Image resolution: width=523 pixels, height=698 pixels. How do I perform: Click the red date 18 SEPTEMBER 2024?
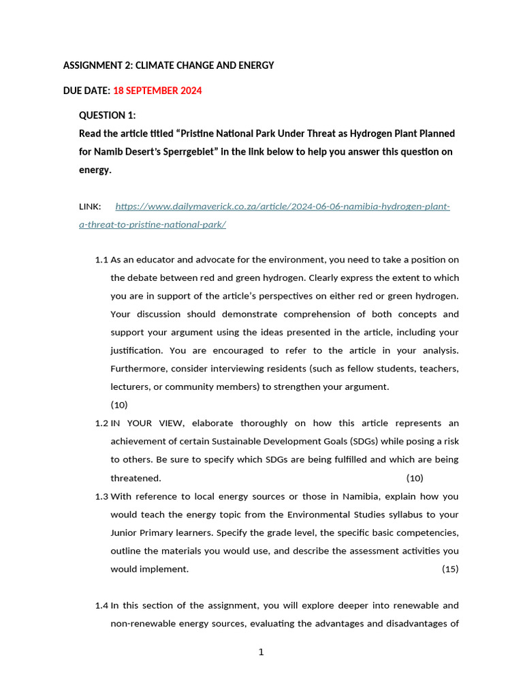coord(157,91)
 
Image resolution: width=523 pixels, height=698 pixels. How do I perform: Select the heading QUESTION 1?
coord(108,115)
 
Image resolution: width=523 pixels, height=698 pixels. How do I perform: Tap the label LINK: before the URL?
coord(90,207)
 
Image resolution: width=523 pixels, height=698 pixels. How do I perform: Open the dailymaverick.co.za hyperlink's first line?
coord(283,207)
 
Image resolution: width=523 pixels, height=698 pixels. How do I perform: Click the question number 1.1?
coord(101,260)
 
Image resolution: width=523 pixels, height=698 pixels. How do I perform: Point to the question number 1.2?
coord(101,423)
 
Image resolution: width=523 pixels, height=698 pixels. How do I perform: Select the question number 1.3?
coord(101,496)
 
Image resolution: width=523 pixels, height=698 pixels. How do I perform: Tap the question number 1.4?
coord(101,605)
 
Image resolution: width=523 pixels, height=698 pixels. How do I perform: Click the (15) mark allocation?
coord(450,569)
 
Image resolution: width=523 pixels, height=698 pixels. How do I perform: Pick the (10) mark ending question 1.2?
coord(415,478)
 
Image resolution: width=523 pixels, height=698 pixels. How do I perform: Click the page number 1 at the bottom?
coord(261,652)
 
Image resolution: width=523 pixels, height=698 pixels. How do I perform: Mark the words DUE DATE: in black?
coord(86,91)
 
